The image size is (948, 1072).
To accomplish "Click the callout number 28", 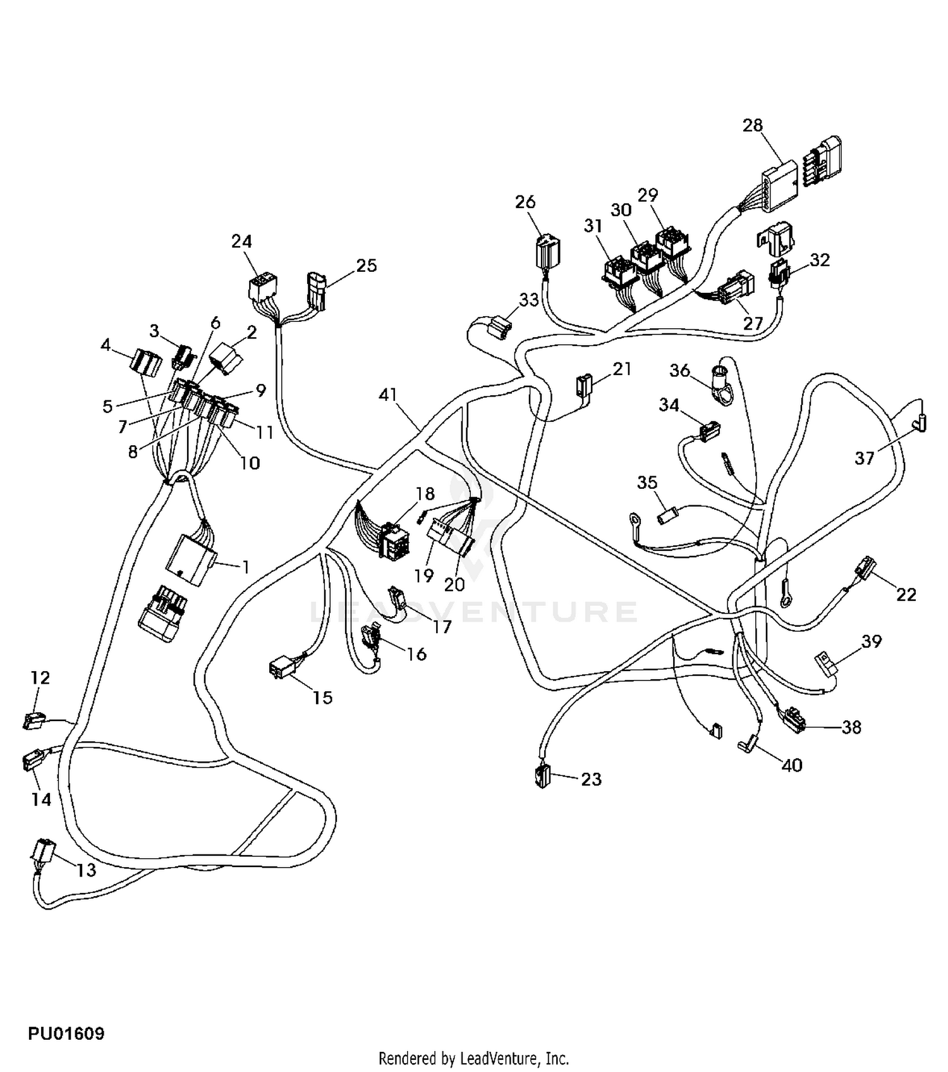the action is pos(752,125).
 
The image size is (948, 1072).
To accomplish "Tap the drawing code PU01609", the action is pos(66,1033).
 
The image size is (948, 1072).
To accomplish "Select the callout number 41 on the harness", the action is pos(387,395).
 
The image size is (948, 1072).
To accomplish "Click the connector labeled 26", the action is pos(548,252).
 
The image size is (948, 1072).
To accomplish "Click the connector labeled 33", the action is pos(499,328).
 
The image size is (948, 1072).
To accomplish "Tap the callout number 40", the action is pos(791,765).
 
